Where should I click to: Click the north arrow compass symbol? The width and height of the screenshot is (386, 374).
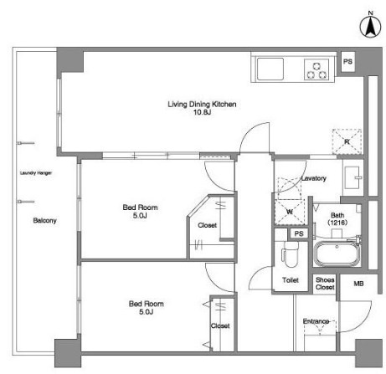tap(370, 27)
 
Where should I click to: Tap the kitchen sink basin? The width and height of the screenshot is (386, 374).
tap(270, 69)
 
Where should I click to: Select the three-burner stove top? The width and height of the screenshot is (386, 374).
tap(317, 69)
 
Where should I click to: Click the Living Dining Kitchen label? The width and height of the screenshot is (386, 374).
tap(202, 104)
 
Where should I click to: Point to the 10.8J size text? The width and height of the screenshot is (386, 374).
tap(202, 112)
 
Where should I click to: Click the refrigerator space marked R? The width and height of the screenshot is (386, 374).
tap(347, 141)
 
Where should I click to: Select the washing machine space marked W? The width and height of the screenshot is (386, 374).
tap(290, 212)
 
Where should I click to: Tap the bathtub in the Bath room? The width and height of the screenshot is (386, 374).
tap(337, 254)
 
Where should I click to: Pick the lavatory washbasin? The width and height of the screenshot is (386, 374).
tap(353, 177)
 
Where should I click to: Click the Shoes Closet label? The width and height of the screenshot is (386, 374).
tap(325, 284)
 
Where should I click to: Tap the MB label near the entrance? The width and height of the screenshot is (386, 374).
tap(358, 284)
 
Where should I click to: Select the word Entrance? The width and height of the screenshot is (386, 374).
tap(316, 321)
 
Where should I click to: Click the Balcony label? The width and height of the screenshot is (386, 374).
tap(44, 221)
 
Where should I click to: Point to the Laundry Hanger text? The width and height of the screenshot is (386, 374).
tap(36, 173)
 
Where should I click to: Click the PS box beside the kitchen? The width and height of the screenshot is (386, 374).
tap(347, 62)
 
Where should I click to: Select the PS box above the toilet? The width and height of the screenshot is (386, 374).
tap(299, 233)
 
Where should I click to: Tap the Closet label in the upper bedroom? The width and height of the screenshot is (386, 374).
tap(207, 225)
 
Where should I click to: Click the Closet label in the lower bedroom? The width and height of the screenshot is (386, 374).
tap(220, 325)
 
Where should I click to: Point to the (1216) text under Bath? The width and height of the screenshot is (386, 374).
tap(337, 223)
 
